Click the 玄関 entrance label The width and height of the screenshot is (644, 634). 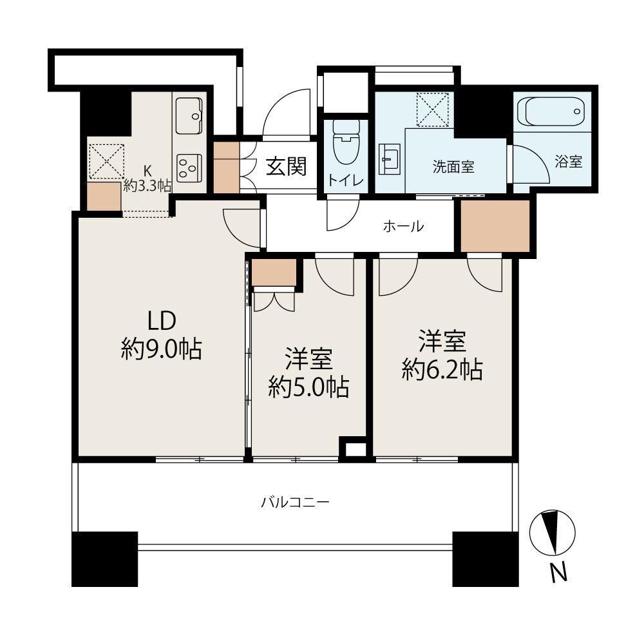click(x=287, y=166)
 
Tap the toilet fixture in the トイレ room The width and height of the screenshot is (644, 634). click(x=346, y=142)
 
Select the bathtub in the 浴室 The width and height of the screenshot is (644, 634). click(x=551, y=111)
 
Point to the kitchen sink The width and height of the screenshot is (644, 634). click(x=189, y=116)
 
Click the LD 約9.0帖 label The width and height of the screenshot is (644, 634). click(x=162, y=335)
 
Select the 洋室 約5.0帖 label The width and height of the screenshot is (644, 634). click(x=309, y=372)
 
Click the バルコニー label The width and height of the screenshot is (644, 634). click(x=296, y=502)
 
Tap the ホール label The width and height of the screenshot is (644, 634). click(x=403, y=226)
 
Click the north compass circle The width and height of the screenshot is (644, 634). click(x=552, y=533)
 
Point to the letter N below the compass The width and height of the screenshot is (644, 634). click(x=558, y=572)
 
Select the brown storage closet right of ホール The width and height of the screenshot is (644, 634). click(x=495, y=226)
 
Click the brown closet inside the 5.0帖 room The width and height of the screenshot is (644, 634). click(x=274, y=272)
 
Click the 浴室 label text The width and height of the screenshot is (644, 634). click(x=569, y=162)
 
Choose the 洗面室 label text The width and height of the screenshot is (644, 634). click(x=453, y=166)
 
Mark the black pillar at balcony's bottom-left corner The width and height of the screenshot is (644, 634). click(x=104, y=559)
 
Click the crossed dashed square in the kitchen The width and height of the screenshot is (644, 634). click(x=107, y=161)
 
